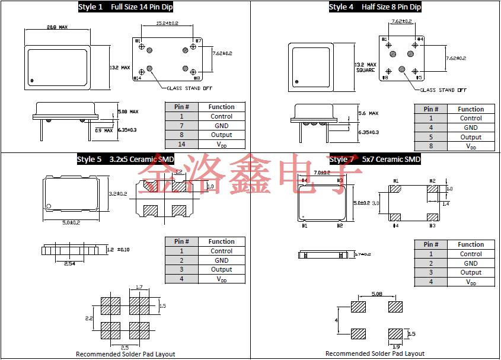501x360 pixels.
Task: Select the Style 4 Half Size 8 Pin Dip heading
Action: [375, 7]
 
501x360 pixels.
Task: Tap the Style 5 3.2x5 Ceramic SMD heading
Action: [125, 159]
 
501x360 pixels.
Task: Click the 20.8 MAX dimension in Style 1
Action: [57, 27]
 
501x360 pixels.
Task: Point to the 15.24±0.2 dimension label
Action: [167, 23]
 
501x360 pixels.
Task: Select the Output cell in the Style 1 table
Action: [221, 135]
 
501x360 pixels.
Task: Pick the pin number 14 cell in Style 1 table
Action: [182, 144]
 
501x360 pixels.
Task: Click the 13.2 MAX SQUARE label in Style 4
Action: [365, 67]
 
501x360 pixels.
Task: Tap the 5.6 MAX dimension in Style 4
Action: [368, 113]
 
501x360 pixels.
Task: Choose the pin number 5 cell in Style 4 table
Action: [431, 137]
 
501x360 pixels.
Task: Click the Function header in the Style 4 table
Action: [471, 109]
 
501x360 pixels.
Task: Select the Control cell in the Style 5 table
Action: [221, 251]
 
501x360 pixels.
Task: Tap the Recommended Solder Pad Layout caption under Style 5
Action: [126, 354]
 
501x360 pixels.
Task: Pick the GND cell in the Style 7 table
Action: [471, 263]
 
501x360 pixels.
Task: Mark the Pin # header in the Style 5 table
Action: [182, 241]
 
